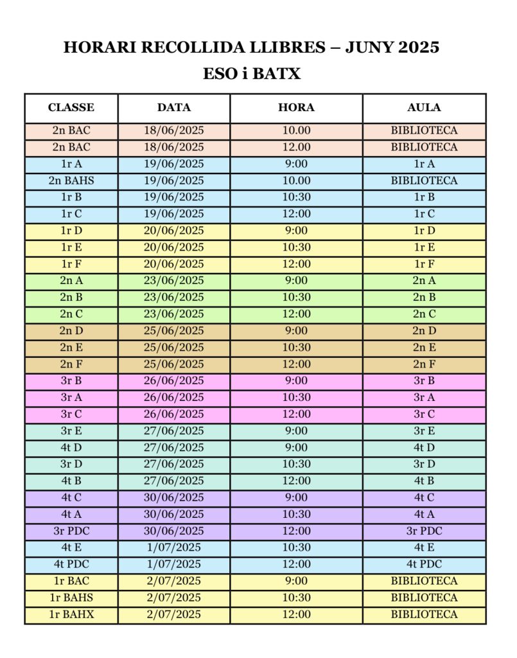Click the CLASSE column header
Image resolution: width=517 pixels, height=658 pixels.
[71, 107]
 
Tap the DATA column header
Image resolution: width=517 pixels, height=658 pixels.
[174, 107]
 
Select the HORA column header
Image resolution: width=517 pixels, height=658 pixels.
[296, 107]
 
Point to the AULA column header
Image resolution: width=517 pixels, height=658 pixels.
[424, 107]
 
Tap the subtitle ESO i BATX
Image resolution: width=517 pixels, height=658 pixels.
[252, 74]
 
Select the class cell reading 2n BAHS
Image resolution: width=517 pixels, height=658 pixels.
[71, 181]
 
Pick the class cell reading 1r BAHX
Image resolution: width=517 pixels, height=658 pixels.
[71, 614]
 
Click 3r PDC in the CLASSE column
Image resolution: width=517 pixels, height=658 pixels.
[71, 531]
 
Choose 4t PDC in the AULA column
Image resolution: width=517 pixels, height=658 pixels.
[424, 564]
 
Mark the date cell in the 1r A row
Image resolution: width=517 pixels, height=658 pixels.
[174, 164]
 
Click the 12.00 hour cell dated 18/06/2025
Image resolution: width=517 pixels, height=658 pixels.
[296, 147]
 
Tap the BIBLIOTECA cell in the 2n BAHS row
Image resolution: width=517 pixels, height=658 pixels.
[424, 181]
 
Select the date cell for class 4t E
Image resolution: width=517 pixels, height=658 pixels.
[174, 547]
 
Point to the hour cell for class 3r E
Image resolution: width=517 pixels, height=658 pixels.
[296, 431]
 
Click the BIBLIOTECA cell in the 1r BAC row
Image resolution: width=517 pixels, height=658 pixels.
[424, 581]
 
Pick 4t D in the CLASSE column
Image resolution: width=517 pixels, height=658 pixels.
[71, 447]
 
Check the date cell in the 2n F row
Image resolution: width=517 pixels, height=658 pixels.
[174, 364]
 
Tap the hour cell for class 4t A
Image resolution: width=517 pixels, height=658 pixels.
[296, 514]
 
